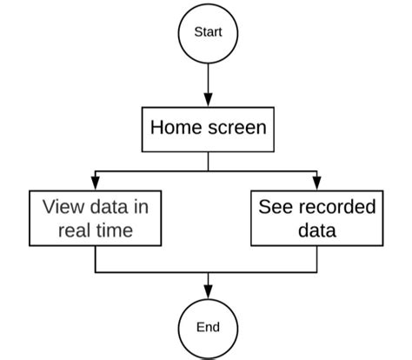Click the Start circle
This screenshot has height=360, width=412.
tap(208, 32)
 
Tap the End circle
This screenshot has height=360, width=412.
tap(208, 327)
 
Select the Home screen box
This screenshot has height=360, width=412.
tap(208, 129)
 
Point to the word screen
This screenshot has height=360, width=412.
tap(236, 128)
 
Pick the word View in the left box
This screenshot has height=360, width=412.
tap(62, 207)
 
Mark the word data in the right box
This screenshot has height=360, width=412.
tap(317, 230)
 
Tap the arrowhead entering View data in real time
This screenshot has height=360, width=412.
tap(94, 183)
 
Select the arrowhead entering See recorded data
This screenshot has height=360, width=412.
tap(317, 183)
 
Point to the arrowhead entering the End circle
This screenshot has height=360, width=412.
tap(208, 291)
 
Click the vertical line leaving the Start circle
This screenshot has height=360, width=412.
tap(208, 78)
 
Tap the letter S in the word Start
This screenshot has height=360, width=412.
tap(196, 32)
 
